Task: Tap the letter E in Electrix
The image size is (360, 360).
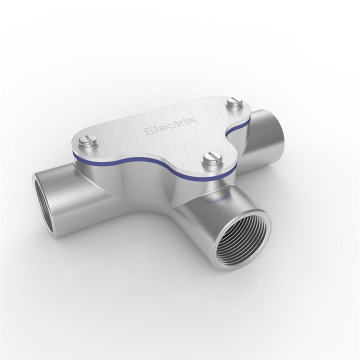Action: [x=148, y=132]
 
